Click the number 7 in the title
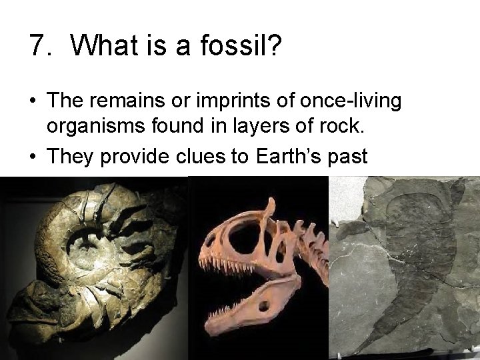point(37,45)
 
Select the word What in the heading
point(103,45)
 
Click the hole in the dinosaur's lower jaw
point(265,307)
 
